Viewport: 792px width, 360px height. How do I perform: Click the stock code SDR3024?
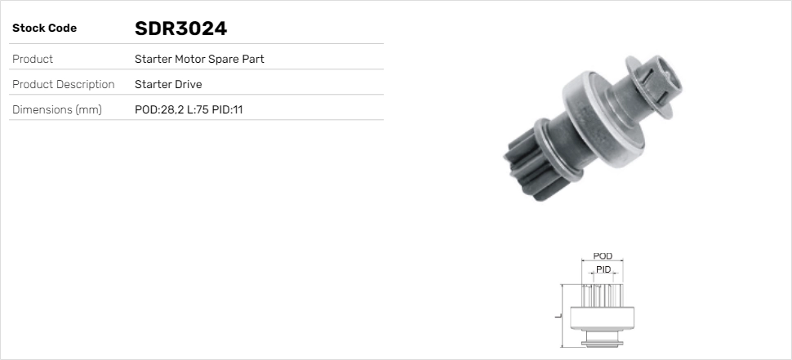pyautogui.click(x=180, y=29)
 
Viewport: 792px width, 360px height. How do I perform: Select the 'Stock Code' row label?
pyautogui.click(x=44, y=29)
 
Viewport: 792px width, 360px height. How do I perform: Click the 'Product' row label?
pyautogui.click(x=33, y=60)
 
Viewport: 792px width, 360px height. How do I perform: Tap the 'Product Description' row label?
pyautogui.click(x=63, y=84)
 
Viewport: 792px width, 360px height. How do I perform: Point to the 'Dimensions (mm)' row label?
pyautogui.click(x=56, y=109)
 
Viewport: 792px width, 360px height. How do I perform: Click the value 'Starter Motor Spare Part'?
pyautogui.click(x=199, y=60)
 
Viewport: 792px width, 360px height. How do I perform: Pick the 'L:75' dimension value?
pyautogui.click(x=197, y=109)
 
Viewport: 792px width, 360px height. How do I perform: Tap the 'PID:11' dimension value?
pyautogui.click(x=227, y=109)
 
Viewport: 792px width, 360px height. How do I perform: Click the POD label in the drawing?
pyautogui.click(x=603, y=256)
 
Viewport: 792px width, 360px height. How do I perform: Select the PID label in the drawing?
pyautogui.click(x=603, y=269)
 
